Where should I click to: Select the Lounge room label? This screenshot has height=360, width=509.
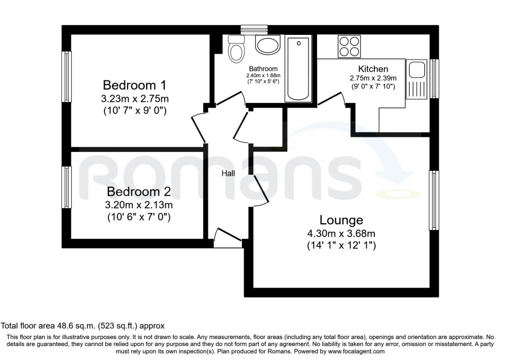coord(341,219)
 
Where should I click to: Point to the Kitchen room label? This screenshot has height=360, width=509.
coord(373,69)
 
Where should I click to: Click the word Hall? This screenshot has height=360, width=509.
coord(228,173)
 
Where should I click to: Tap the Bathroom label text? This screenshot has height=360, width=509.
coord(263,69)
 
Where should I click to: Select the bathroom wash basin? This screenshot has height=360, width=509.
coord(268,45)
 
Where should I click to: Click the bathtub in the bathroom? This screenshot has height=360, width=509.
coord(298,69)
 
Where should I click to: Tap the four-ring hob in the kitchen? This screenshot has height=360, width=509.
coord(349,46)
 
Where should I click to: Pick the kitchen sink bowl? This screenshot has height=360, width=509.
coord(417,69)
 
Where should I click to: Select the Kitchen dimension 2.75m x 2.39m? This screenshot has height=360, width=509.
coord(373,78)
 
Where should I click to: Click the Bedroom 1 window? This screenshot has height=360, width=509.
coord(68,76)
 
